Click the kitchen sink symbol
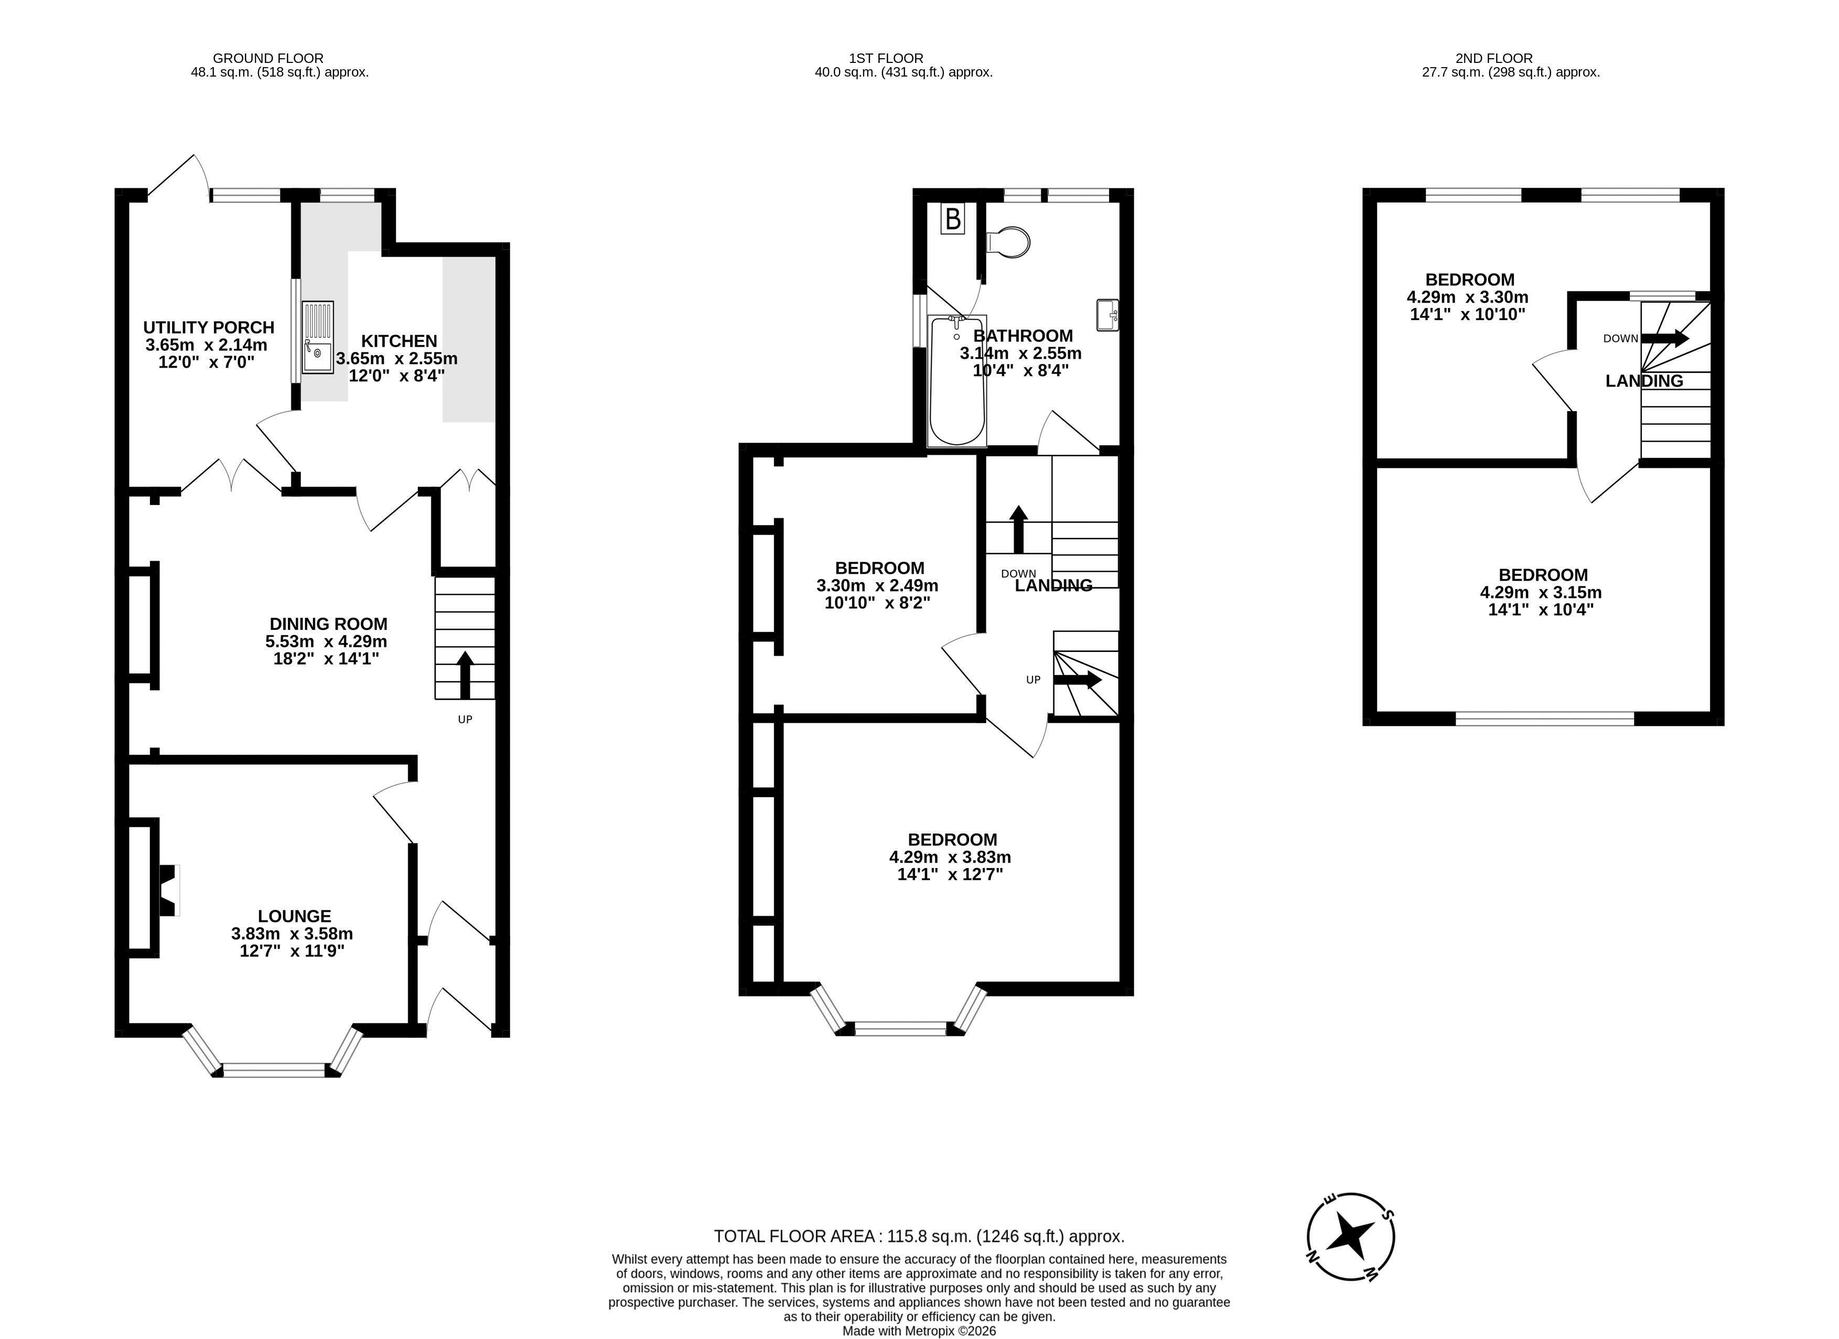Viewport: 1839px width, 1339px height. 317,337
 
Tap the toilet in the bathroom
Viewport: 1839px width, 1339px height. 1008,242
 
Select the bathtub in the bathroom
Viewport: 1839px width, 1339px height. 957,380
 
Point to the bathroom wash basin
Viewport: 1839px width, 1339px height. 1107,315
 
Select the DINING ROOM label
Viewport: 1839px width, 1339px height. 328,624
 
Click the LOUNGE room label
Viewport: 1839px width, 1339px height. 294,916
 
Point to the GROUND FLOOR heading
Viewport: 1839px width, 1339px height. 268,58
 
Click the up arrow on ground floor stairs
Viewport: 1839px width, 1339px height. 465,675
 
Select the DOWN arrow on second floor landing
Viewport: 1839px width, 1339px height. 1665,338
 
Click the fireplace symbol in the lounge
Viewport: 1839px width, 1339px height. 168,891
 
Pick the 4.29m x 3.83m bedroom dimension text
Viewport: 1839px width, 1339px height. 950,857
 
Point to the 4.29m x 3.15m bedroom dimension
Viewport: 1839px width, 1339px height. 1541,592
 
